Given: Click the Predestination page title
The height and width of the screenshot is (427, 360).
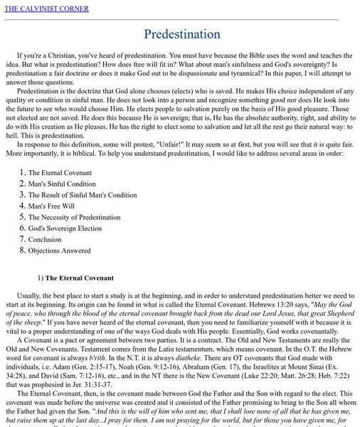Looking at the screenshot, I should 180,34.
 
